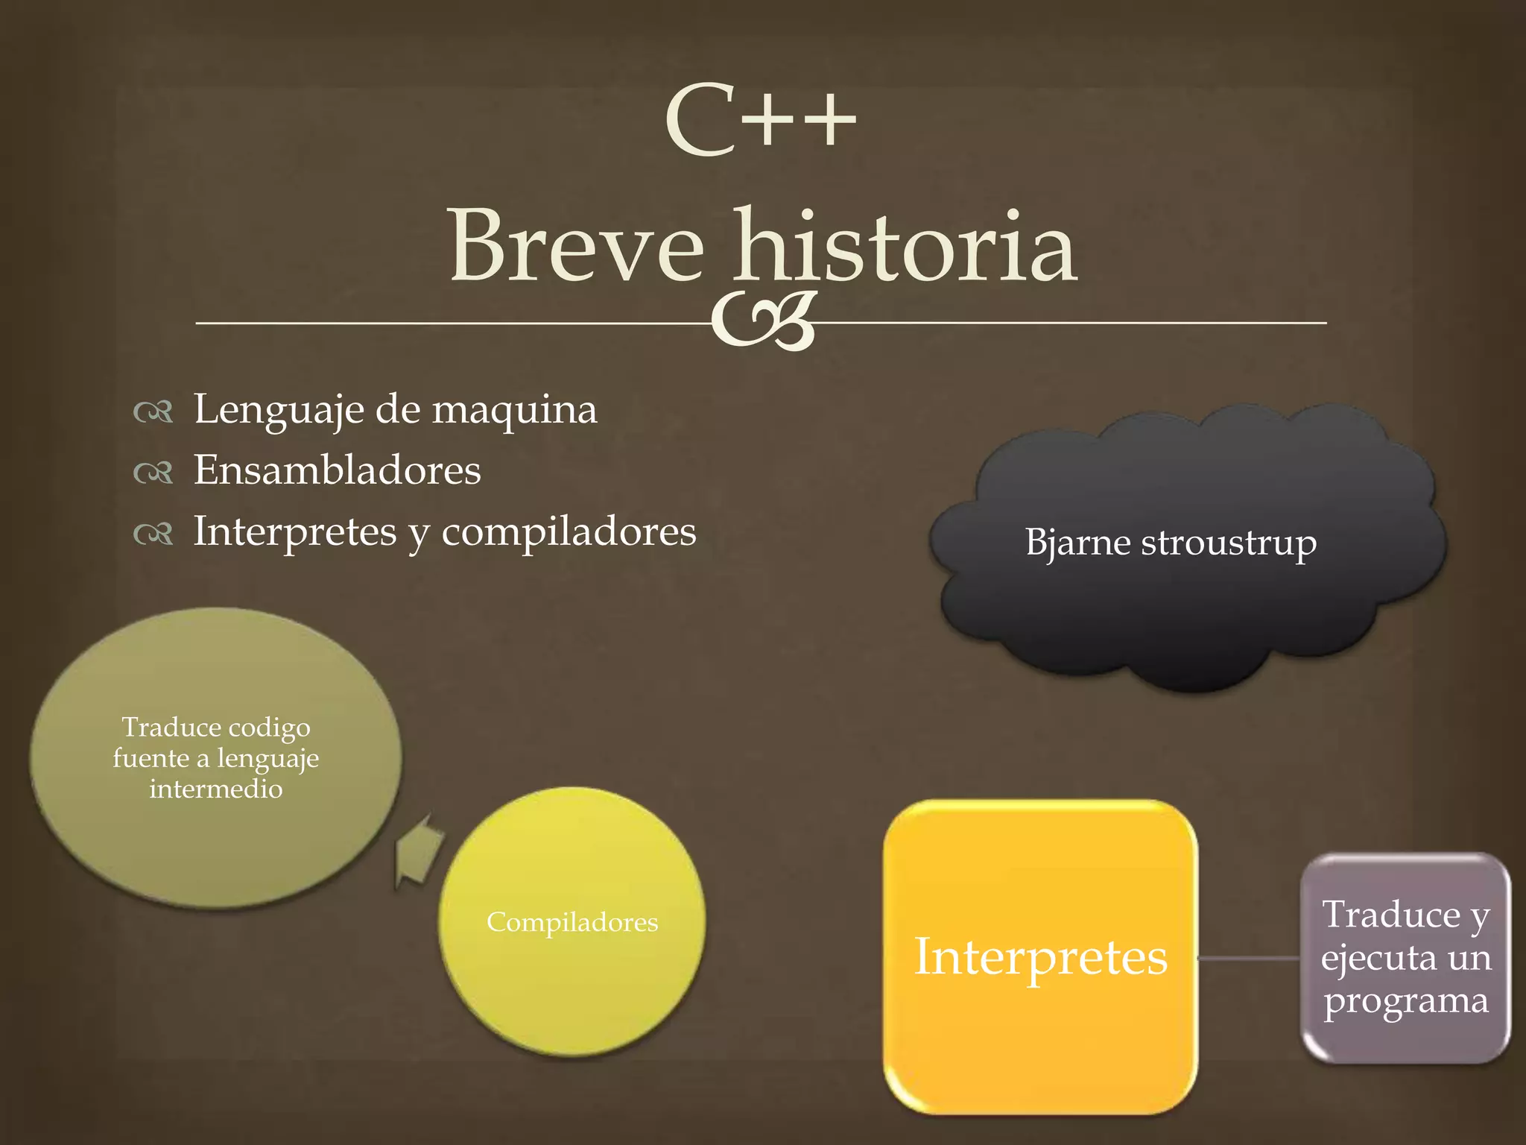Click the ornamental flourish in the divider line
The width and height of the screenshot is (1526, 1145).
click(x=764, y=322)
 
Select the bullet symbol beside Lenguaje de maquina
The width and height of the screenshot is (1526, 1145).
click(x=153, y=411)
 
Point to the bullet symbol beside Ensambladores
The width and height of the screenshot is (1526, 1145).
click(x=153, y=473)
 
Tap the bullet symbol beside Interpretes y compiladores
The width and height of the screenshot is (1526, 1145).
click(x=153, y=534)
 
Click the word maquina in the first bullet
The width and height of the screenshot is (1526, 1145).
click(x=514, y=410)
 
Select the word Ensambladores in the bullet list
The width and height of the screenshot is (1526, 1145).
click(x=338, y=470)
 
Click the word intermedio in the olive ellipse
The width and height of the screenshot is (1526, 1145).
click(x=216, y=789)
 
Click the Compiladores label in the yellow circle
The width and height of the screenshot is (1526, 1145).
click(x=572, y=923)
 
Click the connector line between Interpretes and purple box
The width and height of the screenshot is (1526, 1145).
click(x=1249, y=958)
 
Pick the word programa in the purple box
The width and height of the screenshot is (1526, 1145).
click(x=1405, y=1001)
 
